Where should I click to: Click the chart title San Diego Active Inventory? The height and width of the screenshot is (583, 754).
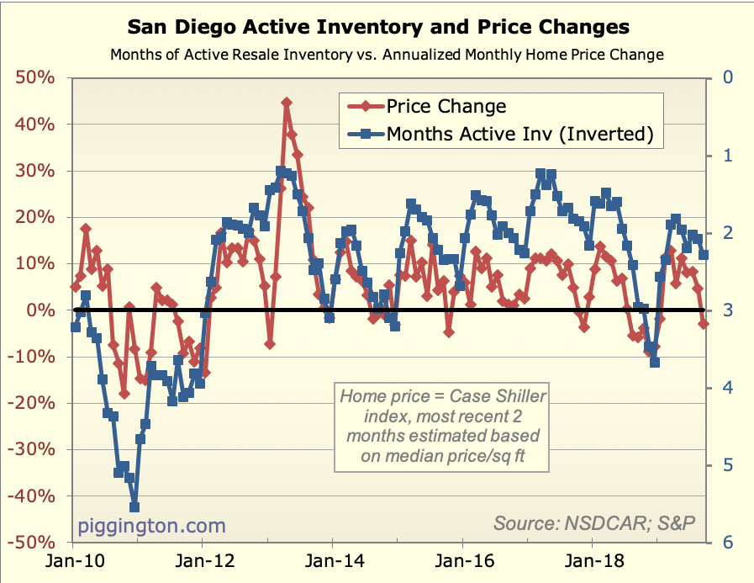(377, 28)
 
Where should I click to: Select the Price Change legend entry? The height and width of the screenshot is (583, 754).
(446, 106)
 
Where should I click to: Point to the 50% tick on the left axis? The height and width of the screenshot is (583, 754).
(35, 78)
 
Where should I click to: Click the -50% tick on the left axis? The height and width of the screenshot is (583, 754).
(33, 543)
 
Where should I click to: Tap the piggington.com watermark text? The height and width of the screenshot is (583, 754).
(152, 526)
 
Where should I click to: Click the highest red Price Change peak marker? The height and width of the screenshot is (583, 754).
(287, 103)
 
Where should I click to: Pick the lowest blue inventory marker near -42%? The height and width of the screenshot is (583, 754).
(134, 506)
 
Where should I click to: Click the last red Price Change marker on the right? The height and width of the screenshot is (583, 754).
(704, 324)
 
